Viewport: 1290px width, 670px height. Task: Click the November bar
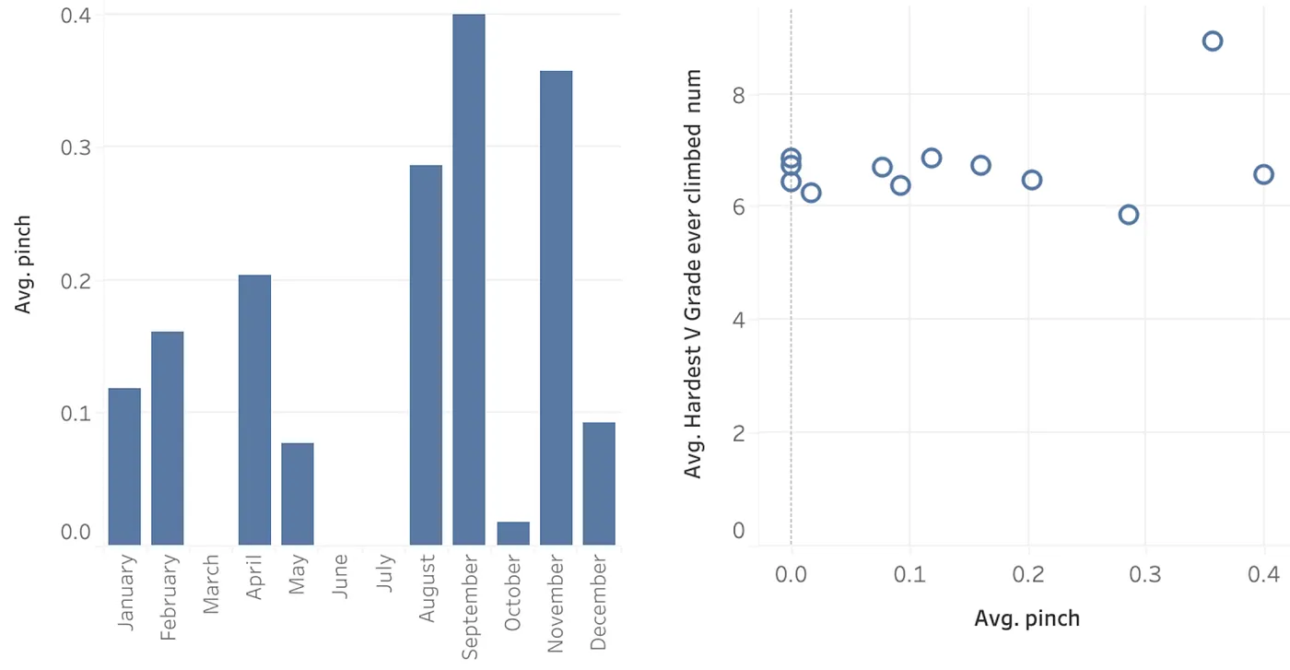coord(556,308)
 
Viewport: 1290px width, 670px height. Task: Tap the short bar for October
coord(513,534)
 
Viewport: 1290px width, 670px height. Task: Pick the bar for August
coord(426,355)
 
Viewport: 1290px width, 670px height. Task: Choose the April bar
coord(254,409)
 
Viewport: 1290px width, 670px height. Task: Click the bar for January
coord(124,466)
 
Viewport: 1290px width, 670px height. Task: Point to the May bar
coord(298,494)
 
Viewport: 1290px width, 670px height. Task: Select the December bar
coord(599,483)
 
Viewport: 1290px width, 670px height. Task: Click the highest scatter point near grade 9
coord(1213,41)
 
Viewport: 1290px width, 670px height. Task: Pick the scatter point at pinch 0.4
coord(1263,174)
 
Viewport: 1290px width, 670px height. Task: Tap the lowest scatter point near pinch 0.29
coord(1129,215)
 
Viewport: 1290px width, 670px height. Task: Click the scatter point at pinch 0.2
coord(1032,180)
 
